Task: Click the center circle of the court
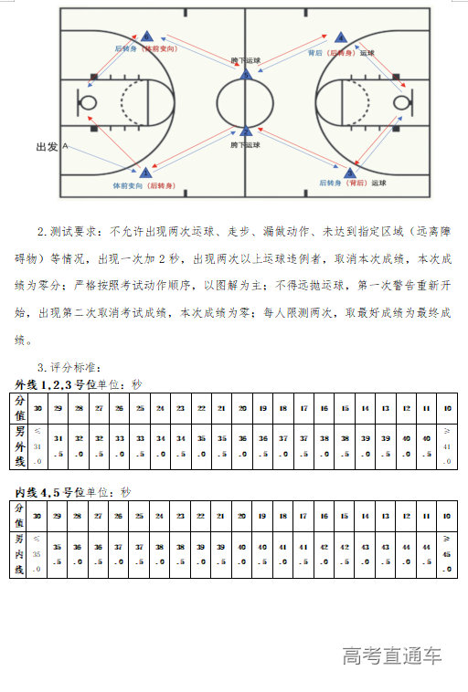tap(245, 101)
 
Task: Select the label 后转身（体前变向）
tap(146, 47)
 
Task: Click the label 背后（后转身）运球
tap(341, 53)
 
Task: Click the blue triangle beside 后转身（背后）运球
tap(348, 172)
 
